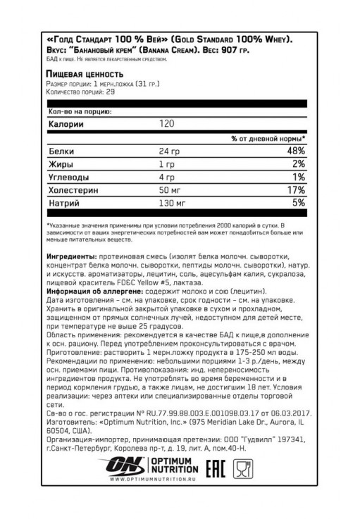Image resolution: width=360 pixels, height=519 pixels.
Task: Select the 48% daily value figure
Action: point(296,151)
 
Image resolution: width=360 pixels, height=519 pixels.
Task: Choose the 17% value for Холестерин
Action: point(297,190)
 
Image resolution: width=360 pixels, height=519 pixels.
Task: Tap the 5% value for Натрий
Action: point(299,204)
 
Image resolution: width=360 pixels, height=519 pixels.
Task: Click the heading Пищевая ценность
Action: point(85,75)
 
